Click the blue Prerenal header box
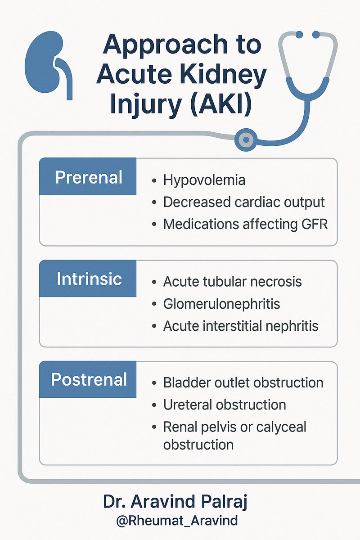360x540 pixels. (88, 177)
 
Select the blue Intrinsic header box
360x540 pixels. (88, 279)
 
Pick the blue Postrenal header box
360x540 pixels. (88, 379)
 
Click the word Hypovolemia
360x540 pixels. (204, 180)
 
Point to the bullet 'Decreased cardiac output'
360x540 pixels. (243, 202)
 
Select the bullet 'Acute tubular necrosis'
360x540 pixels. (232, 282)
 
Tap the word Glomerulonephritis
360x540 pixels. (221, 304)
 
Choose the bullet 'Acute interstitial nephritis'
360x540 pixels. (241, 325)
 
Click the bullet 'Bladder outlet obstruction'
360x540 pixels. (243, 383)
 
